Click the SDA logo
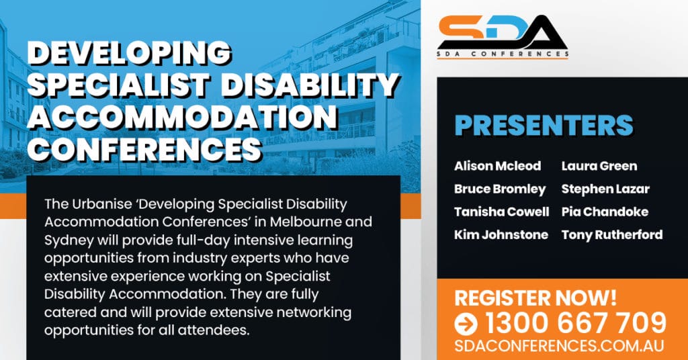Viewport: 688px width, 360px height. click(x=503, y=36)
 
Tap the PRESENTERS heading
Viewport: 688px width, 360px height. click(x=544, y=126)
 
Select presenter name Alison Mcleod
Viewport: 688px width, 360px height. click(x=498, y=166)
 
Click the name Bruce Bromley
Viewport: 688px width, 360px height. click(x=500, y=189)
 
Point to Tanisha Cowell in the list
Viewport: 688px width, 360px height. click(x=501, y=212)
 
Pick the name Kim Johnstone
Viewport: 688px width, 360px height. click(x=501, y=234)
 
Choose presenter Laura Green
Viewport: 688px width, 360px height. click(x=599, y=166)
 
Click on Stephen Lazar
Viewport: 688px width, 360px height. click(x=605, y=189)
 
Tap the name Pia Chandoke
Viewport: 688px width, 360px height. click(x=605, y=212)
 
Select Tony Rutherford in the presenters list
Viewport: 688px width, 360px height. click(x=612, y=234)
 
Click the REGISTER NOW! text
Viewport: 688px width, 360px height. click(x=535, y=298)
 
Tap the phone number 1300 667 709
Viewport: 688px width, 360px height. click(x=576, y=324)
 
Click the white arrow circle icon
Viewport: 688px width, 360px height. click(x=466, y=324)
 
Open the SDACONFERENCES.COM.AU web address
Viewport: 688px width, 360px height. click(x=559, y=345)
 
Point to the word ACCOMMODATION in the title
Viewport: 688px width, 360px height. click(x=183, y=117)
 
